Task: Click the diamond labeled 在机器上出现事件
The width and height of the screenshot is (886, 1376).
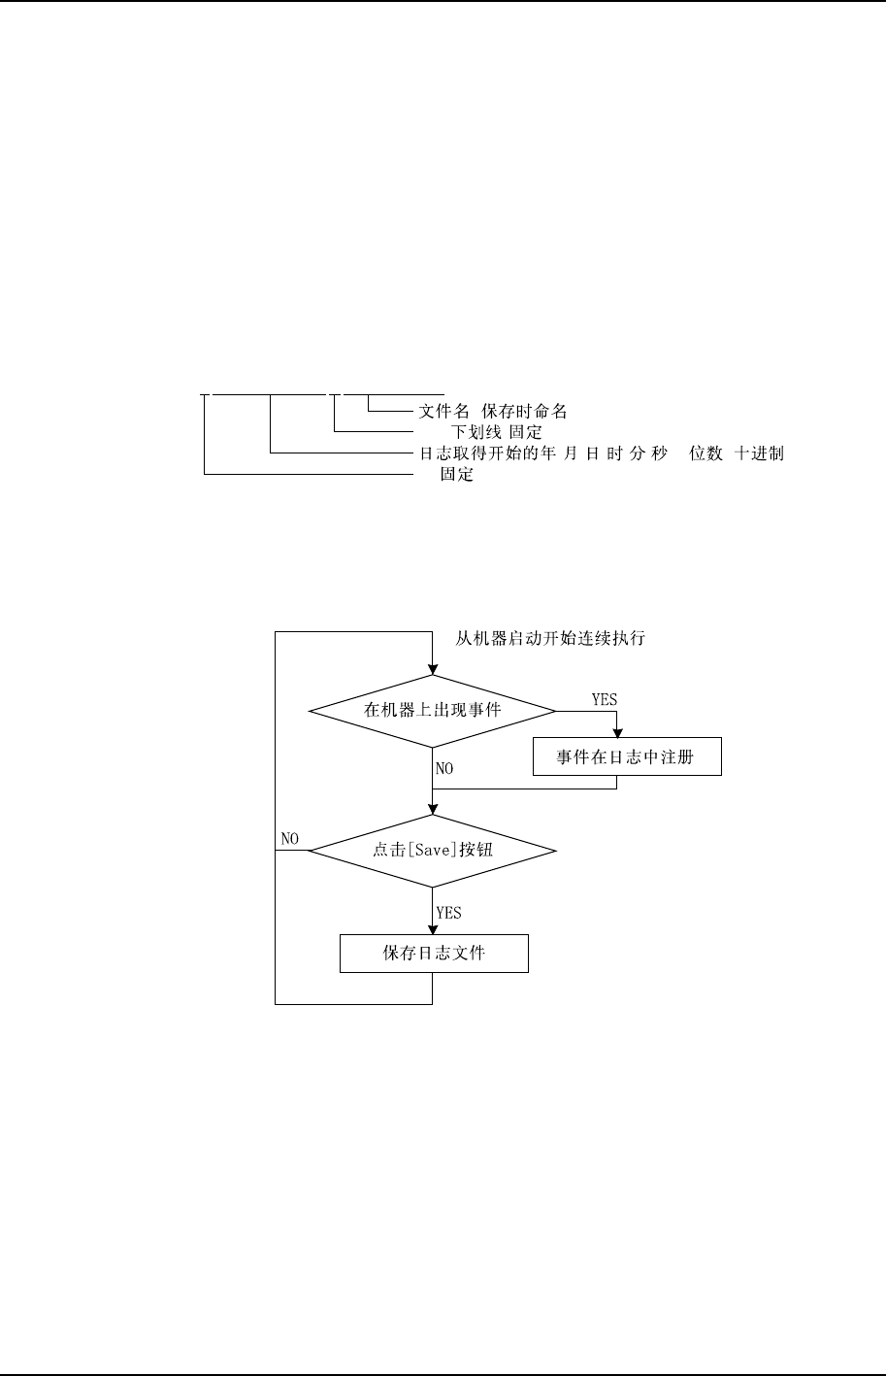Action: click(432, 711)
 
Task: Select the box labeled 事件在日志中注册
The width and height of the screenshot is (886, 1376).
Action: click(627, 757)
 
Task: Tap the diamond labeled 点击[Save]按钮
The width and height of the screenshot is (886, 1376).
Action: click(432, 851)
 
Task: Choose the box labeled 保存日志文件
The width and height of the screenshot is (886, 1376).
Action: click(434, 954)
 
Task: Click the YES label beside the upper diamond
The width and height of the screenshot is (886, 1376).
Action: click(604, 699)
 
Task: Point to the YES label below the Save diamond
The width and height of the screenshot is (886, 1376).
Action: click(448, 913)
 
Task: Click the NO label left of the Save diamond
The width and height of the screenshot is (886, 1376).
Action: click(289, 837)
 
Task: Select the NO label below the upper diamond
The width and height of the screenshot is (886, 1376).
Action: click(444, 768)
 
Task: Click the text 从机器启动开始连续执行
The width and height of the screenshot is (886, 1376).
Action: click(550, 639)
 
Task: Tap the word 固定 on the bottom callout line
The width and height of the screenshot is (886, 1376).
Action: click(456, 476)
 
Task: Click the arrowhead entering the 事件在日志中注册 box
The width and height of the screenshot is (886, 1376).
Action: click(617, 735)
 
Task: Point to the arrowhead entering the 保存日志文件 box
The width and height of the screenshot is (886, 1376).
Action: click(432, 929)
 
